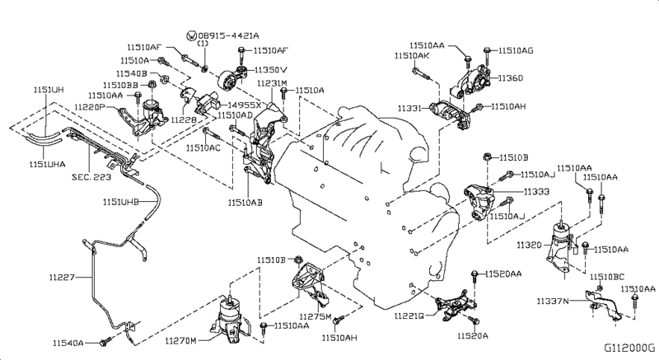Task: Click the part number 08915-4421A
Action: pyautogui.click(x=228, y=35)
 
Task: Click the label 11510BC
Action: pyautogui.click(x=607, y=276)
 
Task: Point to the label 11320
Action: pyautogui.click(x=530, y=245)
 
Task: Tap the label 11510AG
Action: pyautogui.click(x=516, y=50)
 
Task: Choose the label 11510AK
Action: pyautogui.click(x=412, y=55)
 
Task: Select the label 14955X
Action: pyautogui.click(x=245, y=105)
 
